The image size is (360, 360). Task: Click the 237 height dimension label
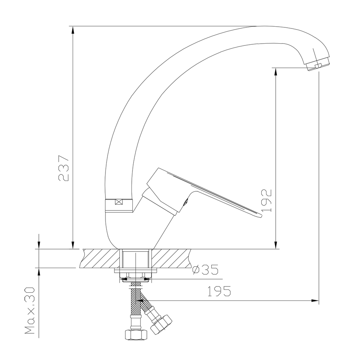pos(63,168)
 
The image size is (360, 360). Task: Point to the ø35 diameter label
pos(205,270)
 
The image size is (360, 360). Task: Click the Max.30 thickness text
pos(30,311)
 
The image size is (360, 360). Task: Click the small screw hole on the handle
pos(185,203)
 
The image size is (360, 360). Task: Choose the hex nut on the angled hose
pos(162,324)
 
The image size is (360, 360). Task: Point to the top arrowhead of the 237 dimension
pos(73,30)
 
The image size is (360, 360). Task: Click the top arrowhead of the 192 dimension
pos(276,71)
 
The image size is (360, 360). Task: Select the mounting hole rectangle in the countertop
pos(135,258)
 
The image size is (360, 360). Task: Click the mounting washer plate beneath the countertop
pos(136,271)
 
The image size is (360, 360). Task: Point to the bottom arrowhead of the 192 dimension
pos(276,245)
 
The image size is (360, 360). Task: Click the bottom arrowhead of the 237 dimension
pos(73,245)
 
